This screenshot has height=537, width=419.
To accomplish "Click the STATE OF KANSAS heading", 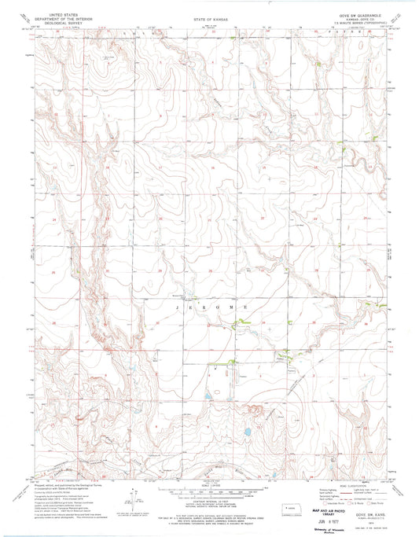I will click(x=208, y=17).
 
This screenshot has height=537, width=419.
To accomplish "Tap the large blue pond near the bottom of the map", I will click(x=246, y=432).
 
